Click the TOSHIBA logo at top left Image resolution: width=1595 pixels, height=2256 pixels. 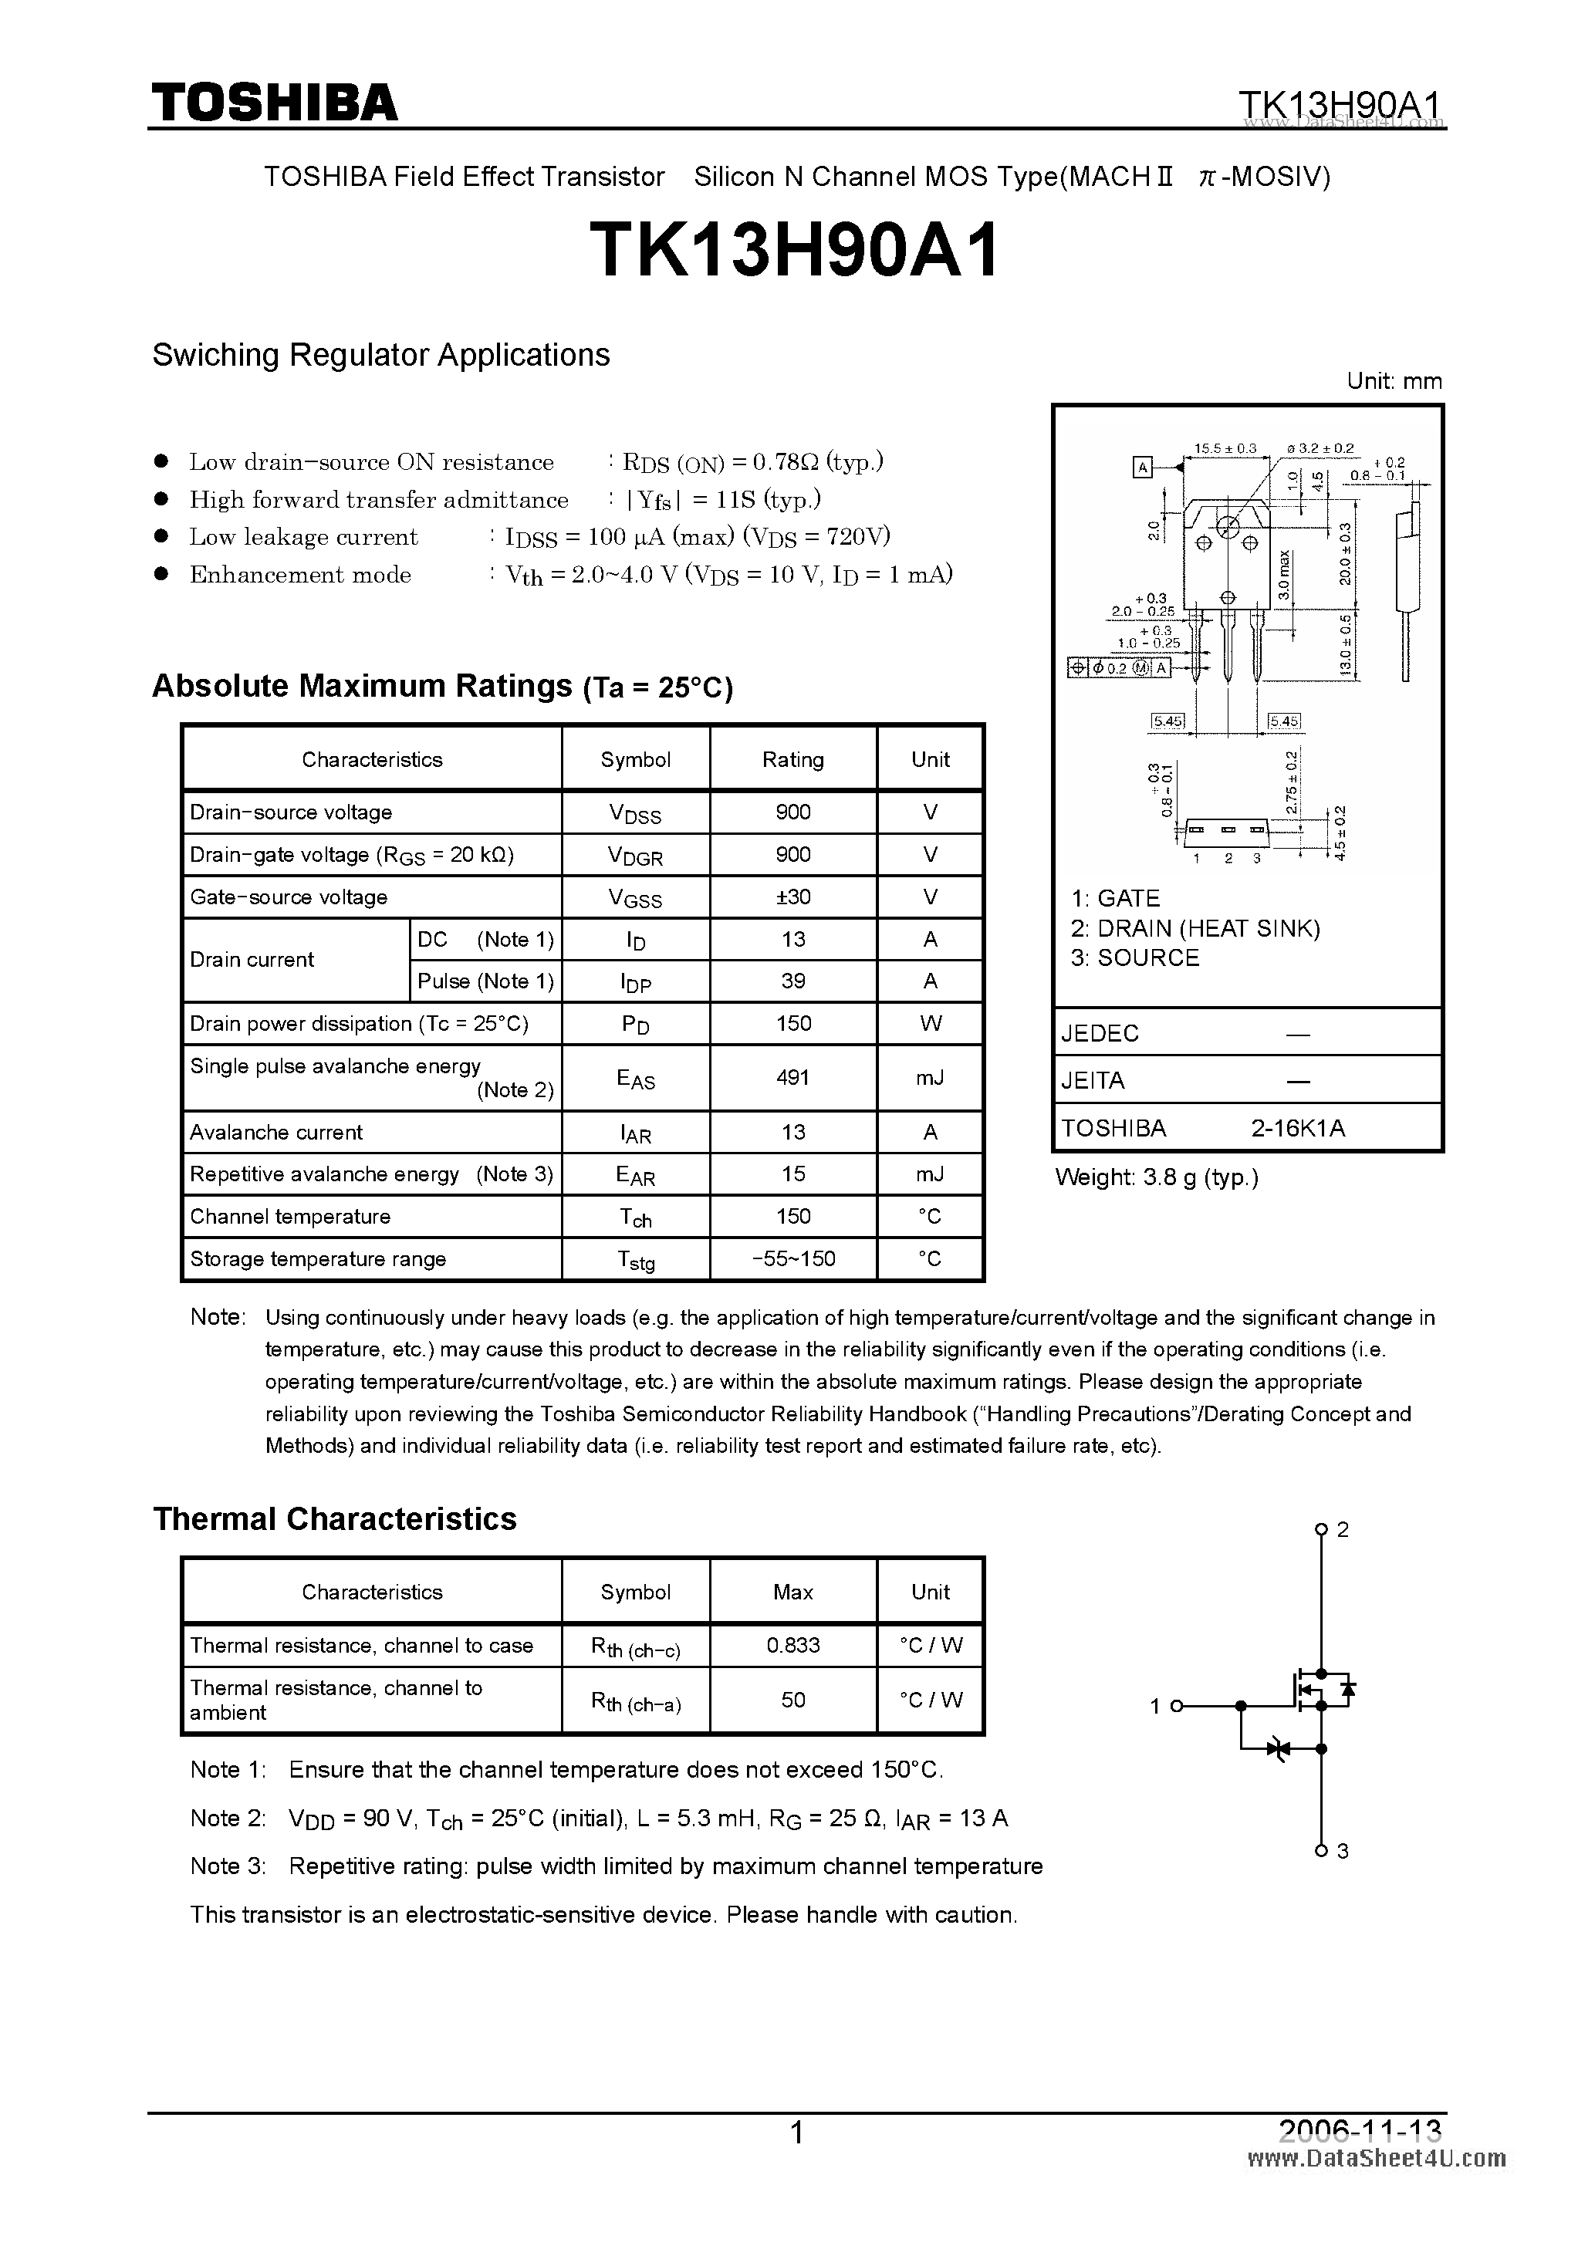click(274, 102)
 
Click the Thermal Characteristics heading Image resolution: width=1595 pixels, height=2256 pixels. click(334, 1519)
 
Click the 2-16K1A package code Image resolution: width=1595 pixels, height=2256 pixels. click(1297, 1128)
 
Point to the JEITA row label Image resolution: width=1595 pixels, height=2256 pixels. click(1093, 1081)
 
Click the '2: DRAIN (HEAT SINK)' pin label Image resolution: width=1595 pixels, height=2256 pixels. click(1195, 928)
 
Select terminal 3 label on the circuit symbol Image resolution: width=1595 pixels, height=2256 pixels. click(1343, 1851)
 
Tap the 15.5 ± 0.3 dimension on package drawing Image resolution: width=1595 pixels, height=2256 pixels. click(1225, 448)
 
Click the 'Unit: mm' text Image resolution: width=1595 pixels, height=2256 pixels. click(1394, 381)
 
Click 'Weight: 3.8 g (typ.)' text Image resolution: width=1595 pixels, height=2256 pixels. click(1156, 1177)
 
